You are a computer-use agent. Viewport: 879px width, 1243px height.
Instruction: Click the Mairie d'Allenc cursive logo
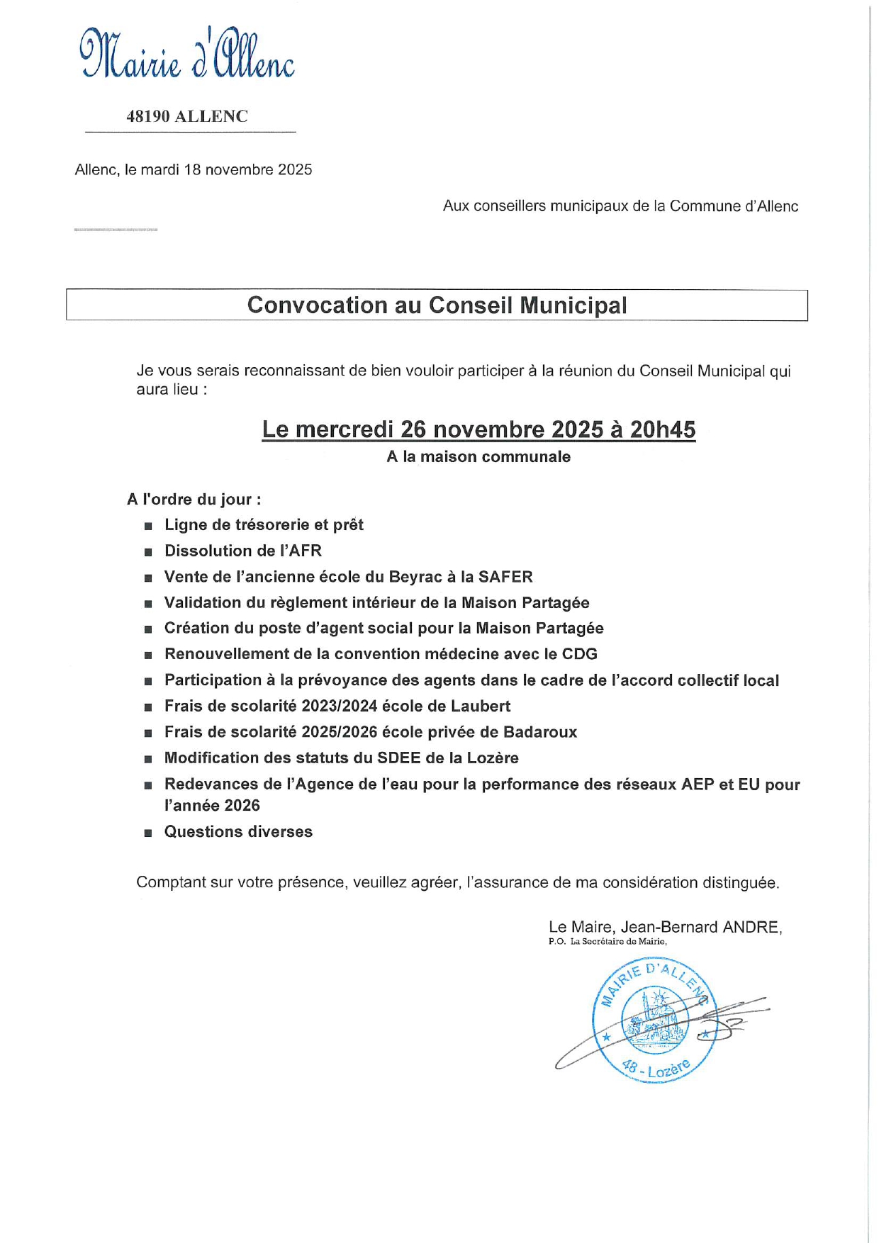click(x=187, y=54)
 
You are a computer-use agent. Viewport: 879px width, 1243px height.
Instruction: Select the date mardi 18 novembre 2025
click(x=227, y=170)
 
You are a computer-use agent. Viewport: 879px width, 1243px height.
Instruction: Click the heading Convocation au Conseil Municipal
click(x=437, y=305)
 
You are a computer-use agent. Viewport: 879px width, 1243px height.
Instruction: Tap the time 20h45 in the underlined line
click(x=663, y=429)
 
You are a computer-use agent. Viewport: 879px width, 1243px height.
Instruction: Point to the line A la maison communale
click(x=478, y=457)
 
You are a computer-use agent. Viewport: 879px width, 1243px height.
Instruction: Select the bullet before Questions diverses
click(x=148, y=833)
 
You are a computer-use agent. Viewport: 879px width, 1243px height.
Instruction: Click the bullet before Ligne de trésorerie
click(x=148, y=527)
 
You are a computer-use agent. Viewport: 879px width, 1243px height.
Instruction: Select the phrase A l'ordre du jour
click(x=194, y=500)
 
